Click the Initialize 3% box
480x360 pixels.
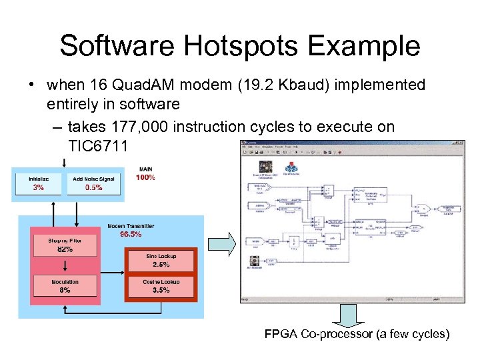tap(38, 183)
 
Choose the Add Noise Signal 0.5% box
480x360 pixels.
tap(94, 183)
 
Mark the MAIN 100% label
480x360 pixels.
tap(145, 173)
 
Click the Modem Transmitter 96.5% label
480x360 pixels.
tap(131, 230)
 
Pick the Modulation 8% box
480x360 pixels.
tap(65, 286)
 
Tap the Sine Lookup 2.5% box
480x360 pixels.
tap(161, 260)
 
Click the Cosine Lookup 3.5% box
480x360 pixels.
tap(161, 286)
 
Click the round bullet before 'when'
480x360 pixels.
tap(31, 85)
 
